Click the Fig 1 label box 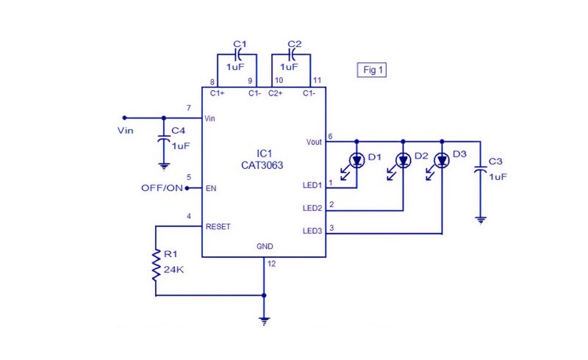pyautogui.click(x=372, y=70)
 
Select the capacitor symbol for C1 pyautogui.click(x=237, y=55)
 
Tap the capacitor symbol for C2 pyautogui.click(x=292, y=55)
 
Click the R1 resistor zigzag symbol pyautogui.click(x=156, y=265)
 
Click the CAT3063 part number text pyautogui.click(x=262, y=165)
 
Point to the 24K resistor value pyautogui.click(x=173, y=269)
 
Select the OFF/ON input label pyautogui.click(x=162, y=188)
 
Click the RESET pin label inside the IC pyautogui.click(x=218, y=226)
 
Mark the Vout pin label pyautogui.click(x=314, y=142)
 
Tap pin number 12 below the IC pyautogui.click(x=271, y=264)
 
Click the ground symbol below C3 pyautogui.click(x=481, y=220)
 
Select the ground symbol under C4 pyautogui.click(x=164, y=167)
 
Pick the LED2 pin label pyautogui.click(x=312, y=208)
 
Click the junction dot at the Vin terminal pyautogui.click(x=125, y=118)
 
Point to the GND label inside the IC pyautogui.click(x=265, y=246)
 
